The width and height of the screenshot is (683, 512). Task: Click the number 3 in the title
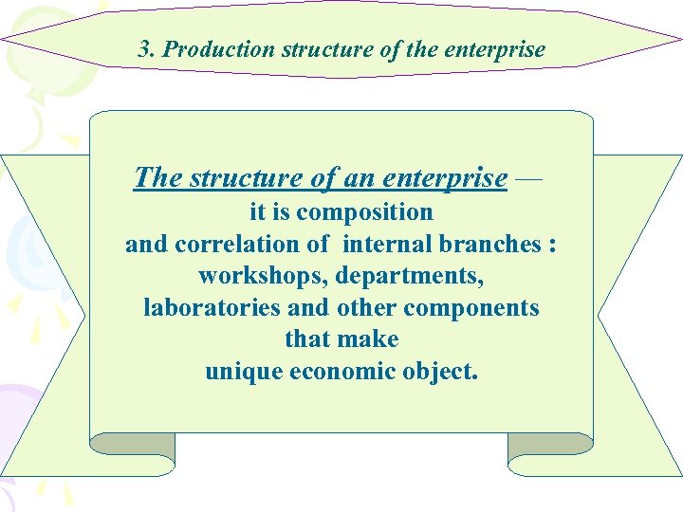tap(143, 49)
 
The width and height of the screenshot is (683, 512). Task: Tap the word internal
tap(388, 245)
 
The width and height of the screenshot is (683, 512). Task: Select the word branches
tap(489, 245)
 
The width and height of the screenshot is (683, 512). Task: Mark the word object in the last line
tap(439, 372)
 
